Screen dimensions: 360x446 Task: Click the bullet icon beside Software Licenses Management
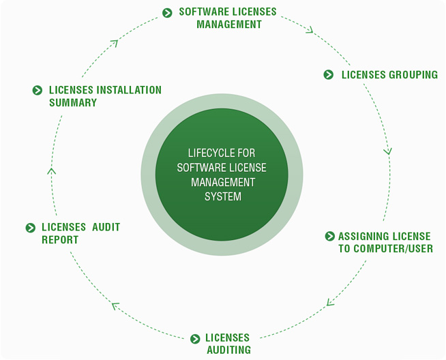pos(168,12)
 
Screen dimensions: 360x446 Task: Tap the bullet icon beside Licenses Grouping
pos(329,75)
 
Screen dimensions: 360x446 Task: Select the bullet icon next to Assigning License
pos(330,236)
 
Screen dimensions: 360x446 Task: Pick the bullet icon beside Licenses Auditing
pos(195,338)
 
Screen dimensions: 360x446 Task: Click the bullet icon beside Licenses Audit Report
pos(30,228)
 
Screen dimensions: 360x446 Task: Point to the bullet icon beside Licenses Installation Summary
pos(38,90)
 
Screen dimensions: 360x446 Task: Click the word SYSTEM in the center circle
pos(223,197)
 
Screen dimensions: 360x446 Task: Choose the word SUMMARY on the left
pos(73,103)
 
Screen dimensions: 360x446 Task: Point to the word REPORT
pos(60,240)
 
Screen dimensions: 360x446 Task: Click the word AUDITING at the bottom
pos(228,350)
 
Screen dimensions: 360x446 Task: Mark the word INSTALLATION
pos(129,90)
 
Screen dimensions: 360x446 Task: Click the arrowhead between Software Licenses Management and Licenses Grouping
pos(310,30)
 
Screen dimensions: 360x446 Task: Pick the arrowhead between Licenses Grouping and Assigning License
pos(388,151)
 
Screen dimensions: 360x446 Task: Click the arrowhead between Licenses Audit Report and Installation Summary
pos(52,170)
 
